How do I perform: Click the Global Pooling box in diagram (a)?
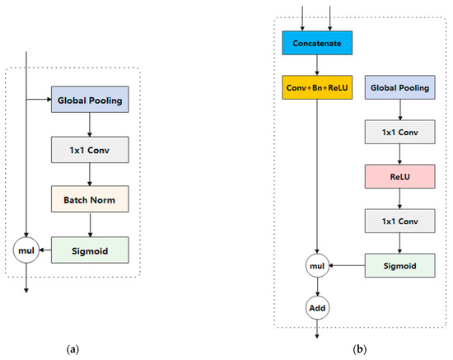(x=90, y=102)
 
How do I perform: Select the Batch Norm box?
(x=90, y=199)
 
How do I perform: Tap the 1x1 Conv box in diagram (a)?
(x=90, y=151)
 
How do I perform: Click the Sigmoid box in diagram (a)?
(x=90, y=248)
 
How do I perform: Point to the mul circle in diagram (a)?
(x=27, y=248)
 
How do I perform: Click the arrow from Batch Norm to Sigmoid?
(x=90, y=224)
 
